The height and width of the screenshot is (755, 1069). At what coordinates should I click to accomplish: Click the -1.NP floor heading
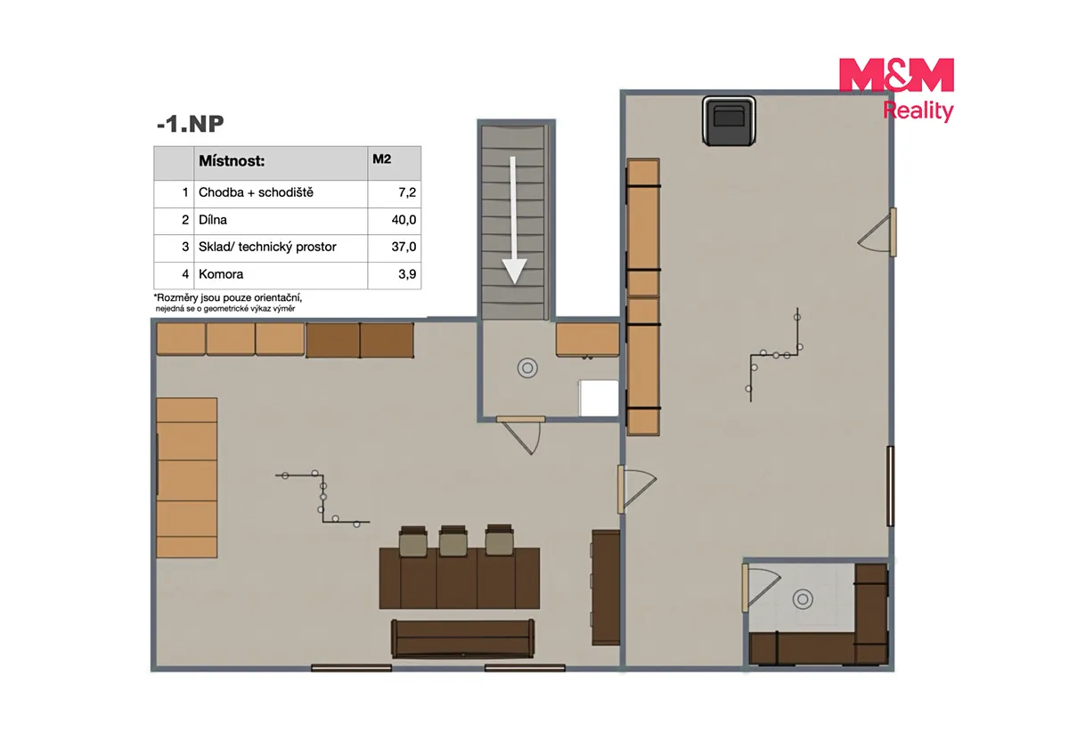click(x=190, y=124)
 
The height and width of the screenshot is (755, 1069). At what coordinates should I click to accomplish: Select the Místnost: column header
click(x=232, y=161)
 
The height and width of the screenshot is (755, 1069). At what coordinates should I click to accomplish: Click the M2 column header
click(x=382, y=158)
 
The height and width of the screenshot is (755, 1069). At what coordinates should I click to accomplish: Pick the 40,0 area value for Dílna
click(x=404, y=220)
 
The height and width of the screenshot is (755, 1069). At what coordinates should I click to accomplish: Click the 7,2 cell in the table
click(x=407, y=192)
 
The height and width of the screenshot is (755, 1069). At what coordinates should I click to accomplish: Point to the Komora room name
click(x=221, y=274)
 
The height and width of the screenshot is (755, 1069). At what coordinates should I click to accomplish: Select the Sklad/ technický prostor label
click(x=267, y=247)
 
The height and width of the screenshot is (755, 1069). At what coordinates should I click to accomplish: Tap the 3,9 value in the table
click(x=407, y=274)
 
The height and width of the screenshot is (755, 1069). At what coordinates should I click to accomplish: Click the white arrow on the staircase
click(x=514, y=220)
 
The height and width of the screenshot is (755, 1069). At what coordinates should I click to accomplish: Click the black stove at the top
click(x=729, y=121)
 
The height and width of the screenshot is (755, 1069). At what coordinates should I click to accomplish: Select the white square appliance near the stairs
click(x=599, y=398)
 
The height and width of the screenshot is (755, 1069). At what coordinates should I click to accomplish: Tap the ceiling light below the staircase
click(x=527, y=368)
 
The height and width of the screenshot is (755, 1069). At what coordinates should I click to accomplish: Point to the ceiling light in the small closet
click(x=803, y=599)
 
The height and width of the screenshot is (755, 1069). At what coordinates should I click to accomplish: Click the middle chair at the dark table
click(x=453, y=540)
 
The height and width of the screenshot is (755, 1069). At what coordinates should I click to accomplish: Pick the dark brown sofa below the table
click(x=463, y=639)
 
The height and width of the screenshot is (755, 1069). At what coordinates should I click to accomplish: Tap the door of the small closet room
click(x=761, y=589)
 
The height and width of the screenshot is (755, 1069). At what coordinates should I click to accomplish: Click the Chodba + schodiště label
click(x=256, y=192)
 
